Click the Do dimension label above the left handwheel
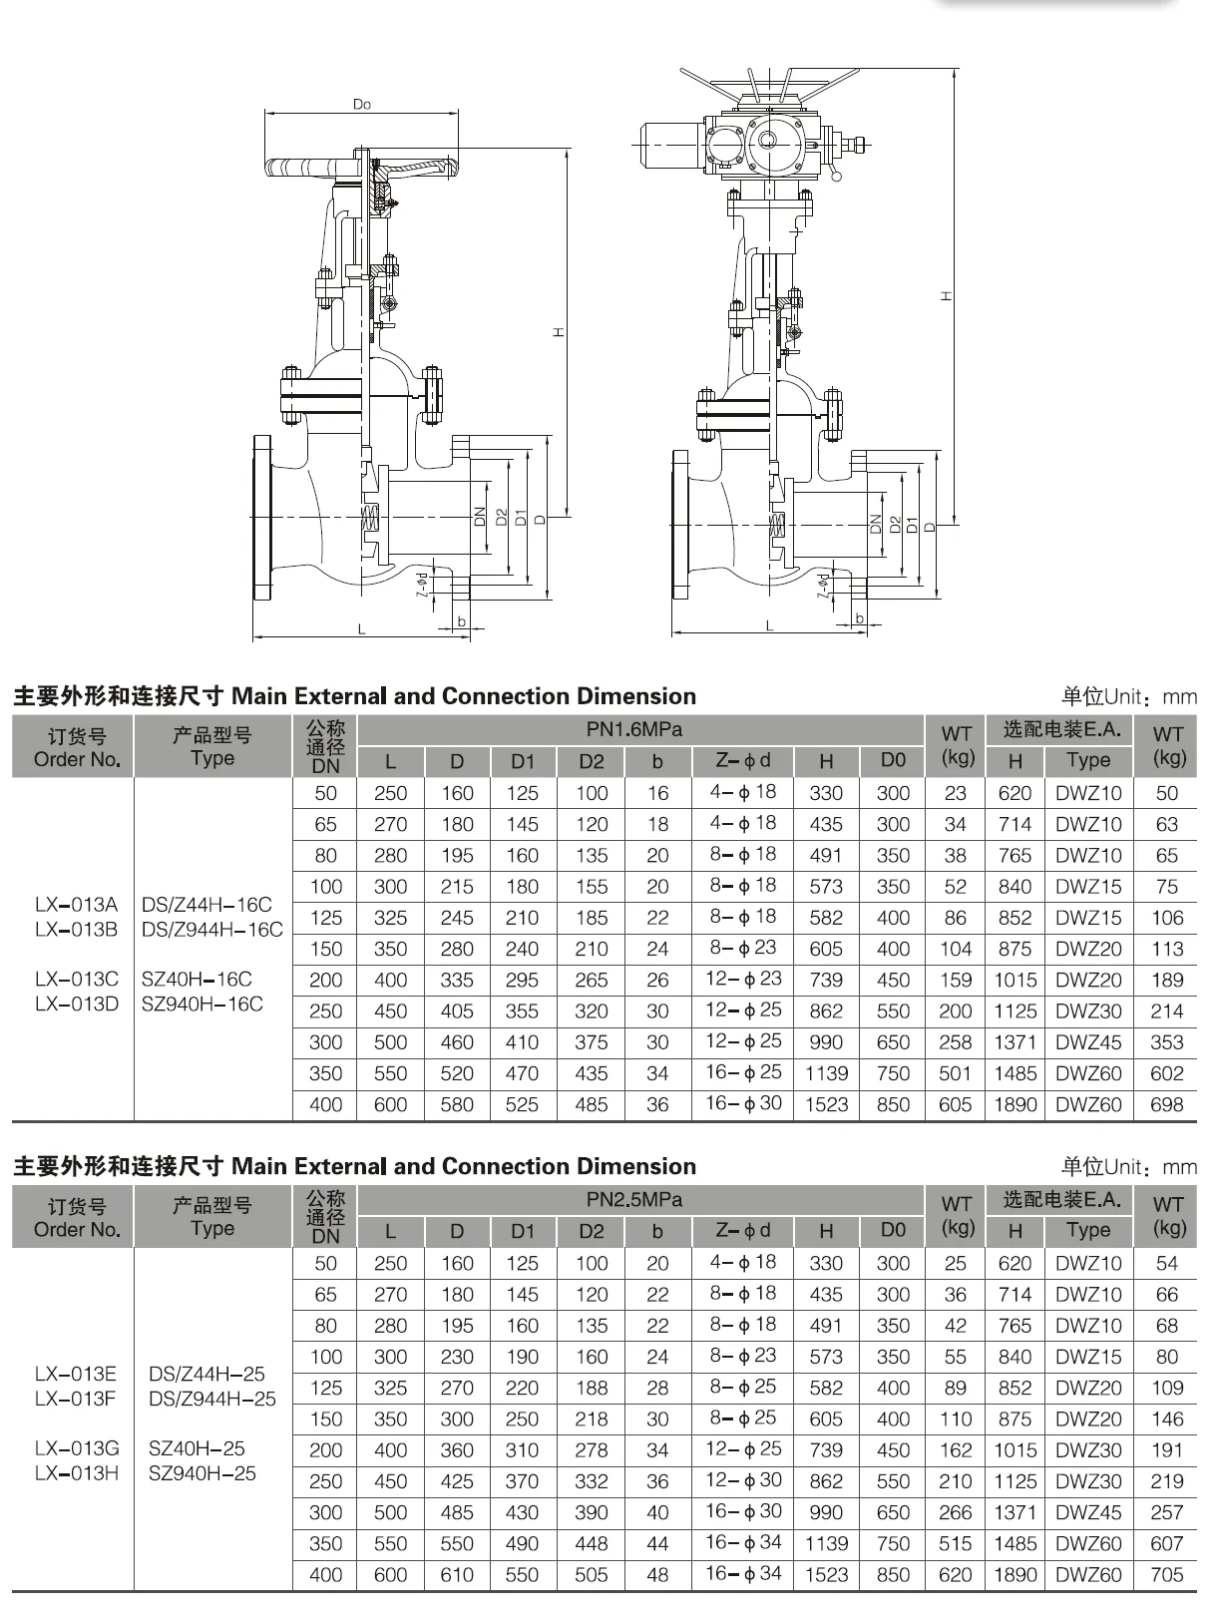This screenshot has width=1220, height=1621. point(362,105)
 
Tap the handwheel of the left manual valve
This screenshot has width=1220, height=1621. point(363,168)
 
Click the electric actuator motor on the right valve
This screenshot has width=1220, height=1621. point(670,146)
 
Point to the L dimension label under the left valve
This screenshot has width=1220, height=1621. point(362,629)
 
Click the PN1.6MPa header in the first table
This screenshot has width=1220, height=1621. point(634,729)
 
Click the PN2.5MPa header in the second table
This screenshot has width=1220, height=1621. point(634,1199)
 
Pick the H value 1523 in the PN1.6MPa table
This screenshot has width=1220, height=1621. point(826,1104)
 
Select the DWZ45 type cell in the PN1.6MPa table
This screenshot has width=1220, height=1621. point(1088,1042)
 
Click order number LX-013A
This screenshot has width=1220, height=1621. point(76,905)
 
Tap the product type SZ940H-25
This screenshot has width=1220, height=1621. point(203,1473)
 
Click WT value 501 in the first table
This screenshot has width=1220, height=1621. point(955,1073)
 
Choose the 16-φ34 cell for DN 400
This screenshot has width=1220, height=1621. point(743,1573)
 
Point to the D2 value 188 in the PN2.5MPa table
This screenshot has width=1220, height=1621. point(592,1388)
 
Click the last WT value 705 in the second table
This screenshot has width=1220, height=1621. point(1166,1575)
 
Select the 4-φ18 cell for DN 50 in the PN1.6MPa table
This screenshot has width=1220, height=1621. point(743,792)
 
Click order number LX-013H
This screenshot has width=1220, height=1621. point(76,1473)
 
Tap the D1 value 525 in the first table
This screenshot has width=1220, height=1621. point(522,1104)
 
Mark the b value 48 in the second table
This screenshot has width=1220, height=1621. point(657,1575)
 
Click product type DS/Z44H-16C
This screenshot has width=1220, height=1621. point(206,905)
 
